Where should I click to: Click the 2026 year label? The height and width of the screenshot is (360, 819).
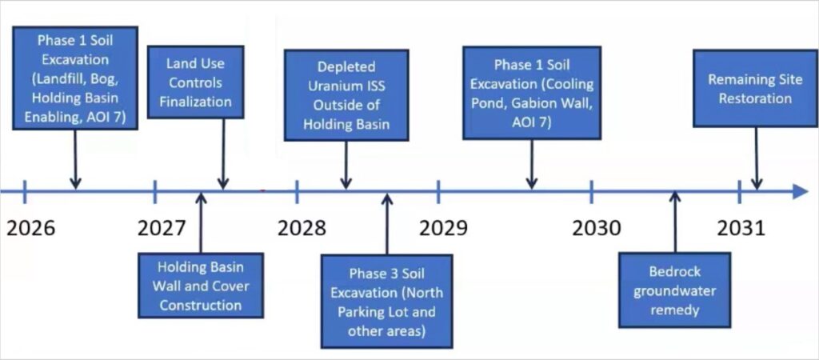click(x=31, y=228)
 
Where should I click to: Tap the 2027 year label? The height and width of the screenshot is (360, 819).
click(x=161, y=228)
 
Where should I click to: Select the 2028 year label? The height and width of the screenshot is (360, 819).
click(x=302, y=228)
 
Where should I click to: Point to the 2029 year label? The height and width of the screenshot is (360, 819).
click(x=443, y=228)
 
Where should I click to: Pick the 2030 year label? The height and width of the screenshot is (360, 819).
click(x=597, y=228)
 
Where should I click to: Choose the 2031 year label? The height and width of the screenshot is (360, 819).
click(x=741, y=228)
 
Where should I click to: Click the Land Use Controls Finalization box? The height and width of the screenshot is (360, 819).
click(x=195, y=82)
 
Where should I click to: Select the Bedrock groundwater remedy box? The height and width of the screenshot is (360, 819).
click(x=674, y=290)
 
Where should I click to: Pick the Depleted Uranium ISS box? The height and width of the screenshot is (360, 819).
click(x=346, y=94)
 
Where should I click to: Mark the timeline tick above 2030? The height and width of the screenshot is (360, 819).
click(x=591, y=191)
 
